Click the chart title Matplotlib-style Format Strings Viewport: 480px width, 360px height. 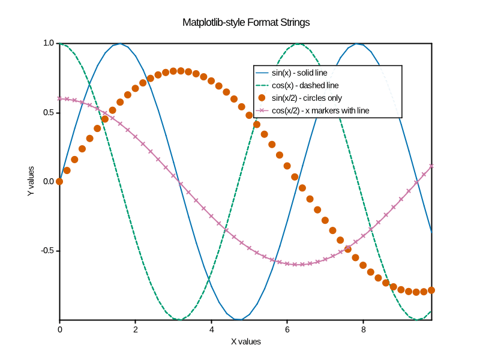pyautogui.click(x=246, y=23)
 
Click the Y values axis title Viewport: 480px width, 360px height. pyautogui.click(x=31, y=182)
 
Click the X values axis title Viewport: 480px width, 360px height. pyautogui.click(x=246, y=341)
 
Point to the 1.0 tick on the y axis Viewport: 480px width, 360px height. pyautogui.click(x=49, y=43)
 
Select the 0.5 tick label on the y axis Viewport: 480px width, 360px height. pyautogui.click(x=49, y=113)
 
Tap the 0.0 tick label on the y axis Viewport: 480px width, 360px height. pyautogui.click(x=49, y=182)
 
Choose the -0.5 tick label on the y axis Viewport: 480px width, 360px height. pyautogui.click(x=47, y=251)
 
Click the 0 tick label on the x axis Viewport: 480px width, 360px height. pyautogui.click(x=59, y=329)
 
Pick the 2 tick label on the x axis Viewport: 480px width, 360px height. pyautogui.click(x=136, y=329)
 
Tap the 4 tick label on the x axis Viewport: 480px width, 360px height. pyautogui.click(x=212, y=329)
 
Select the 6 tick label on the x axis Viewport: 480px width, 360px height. pyautogui.click(x=287, y=329)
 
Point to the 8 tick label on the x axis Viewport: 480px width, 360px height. pyautogui.click(x=364, y=329)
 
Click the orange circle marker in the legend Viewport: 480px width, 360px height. pyautogui.click(x=262, y=98)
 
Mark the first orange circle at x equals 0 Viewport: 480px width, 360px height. pyautogui.click(x=59, y=181)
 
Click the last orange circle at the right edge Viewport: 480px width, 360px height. pyautogui.click(x=431, y=290)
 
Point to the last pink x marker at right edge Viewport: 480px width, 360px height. pyautogui.click(x=431, y=166)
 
